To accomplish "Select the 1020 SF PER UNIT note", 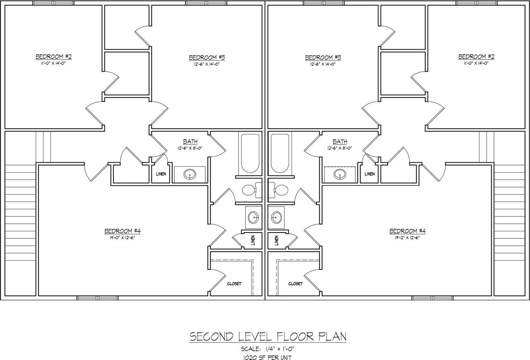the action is (x=267, y=358).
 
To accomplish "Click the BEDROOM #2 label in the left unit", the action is (x=53, y=57).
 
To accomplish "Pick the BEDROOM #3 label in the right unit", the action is (x=323, y=58).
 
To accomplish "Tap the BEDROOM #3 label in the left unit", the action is (x=207, y=58).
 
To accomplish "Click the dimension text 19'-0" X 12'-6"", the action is (x=122, y=238).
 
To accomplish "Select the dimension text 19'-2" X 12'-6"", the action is (x=407, y=238).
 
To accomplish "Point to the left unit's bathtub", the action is (x=250, y=153).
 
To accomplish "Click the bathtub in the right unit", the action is (x=280, y=153).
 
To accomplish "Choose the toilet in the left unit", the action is (x=252, y=190).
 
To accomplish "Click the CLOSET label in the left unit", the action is (x=234, y=283).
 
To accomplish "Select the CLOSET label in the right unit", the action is (x=296, y=283).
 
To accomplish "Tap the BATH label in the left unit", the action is (x=190, y=142).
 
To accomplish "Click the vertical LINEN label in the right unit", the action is (x=277, y=240).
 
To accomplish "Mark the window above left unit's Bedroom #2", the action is (x=53, y=3).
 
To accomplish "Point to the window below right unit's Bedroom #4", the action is (x=433, y=298).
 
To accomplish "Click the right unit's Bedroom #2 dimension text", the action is (x=476, y=63).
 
